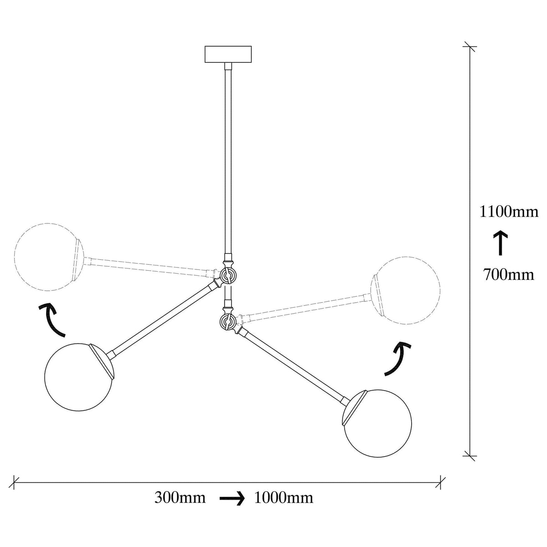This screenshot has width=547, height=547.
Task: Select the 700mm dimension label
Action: click(509, 274)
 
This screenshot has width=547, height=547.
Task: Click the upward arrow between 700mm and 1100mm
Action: click(500, 243)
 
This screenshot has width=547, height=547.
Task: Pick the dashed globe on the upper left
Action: click(49, 257)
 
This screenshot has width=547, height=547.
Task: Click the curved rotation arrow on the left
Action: click(51, 320)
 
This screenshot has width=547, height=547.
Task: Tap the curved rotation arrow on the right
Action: click(399, 360)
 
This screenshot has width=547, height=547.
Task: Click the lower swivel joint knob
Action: click(227, 321)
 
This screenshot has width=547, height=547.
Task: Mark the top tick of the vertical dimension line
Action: click(470, 46)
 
